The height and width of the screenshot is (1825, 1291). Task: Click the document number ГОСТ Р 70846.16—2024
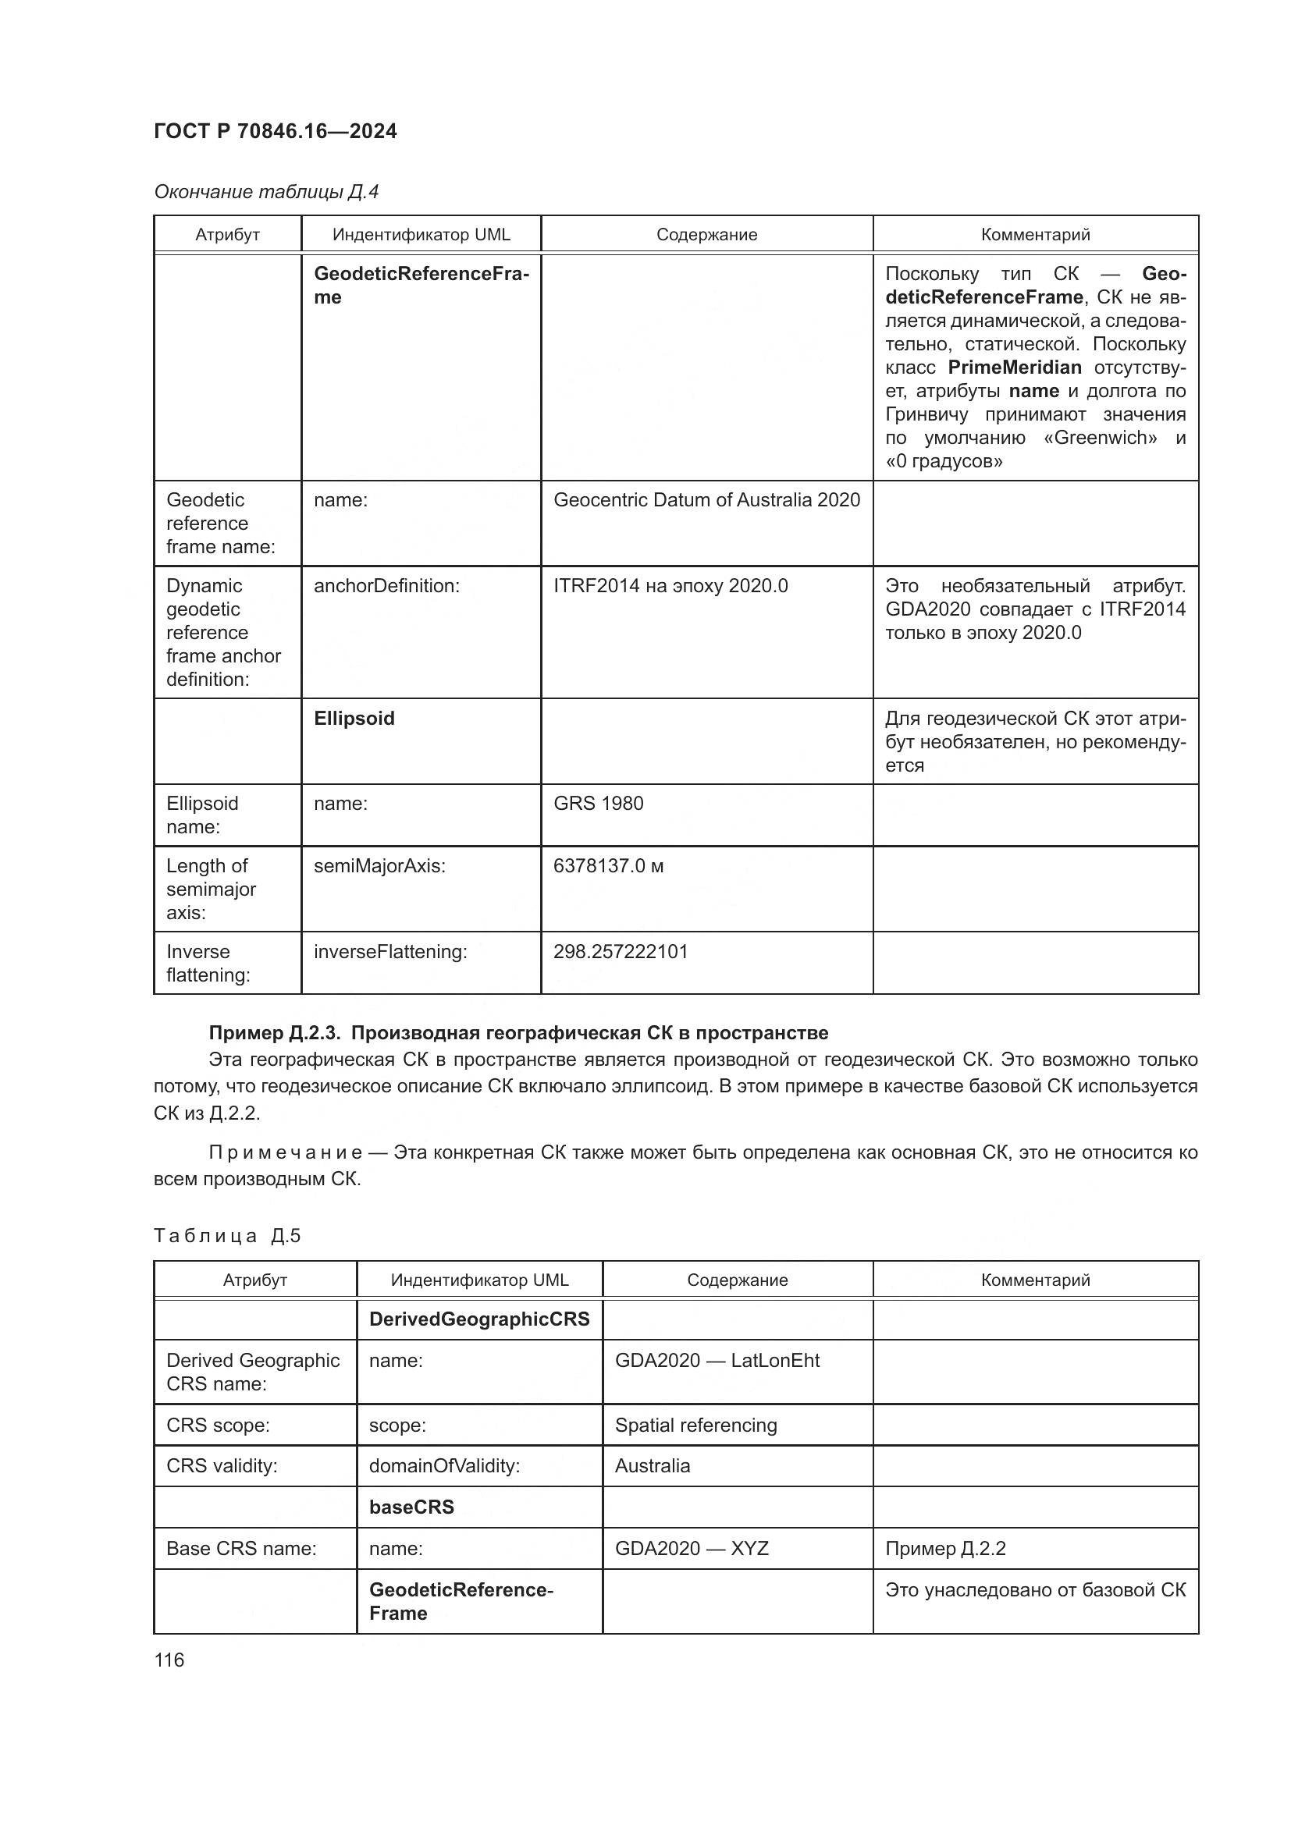[x=275, y=131]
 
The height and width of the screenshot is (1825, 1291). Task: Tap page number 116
[x=169, y=1660]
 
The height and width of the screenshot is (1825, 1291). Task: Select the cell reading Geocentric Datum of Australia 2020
[x=706, y=500]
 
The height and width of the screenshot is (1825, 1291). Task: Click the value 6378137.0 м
[x=608, y=865]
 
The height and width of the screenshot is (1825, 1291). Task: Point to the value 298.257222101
[x=620, y=951]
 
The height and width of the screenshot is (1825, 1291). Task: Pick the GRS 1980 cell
[x=598, y=804]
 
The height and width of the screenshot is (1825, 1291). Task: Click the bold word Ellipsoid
[x=354, y=719]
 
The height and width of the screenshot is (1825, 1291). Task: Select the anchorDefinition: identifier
[x=386, y=586]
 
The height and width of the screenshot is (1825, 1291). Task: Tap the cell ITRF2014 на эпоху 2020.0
[x=670, y=586]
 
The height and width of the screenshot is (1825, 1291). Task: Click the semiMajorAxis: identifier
[x=379, y=865]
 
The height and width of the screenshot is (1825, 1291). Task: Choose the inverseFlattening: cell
[x=390, y=951]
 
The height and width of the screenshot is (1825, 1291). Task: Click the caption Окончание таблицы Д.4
[x=266, y=192]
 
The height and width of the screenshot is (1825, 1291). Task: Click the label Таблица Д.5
[x=227, y=1235]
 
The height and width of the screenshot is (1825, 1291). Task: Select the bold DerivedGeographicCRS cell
[x=478, y=1319]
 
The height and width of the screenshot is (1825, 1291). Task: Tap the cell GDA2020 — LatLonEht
[x=717, y=1360]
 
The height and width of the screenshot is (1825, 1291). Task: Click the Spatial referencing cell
[x=695, y=1425]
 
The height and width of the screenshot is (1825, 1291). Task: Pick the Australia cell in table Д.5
[x=652, y=1466]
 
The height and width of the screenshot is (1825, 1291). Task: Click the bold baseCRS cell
[x=411, y=1507]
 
